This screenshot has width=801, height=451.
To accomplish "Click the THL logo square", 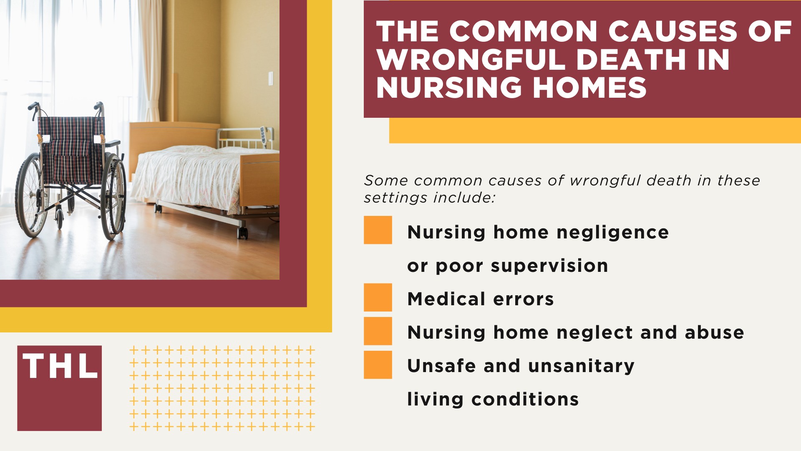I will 59,388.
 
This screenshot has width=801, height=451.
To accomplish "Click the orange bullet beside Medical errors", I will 378,297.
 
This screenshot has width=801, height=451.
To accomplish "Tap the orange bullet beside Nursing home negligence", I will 378,230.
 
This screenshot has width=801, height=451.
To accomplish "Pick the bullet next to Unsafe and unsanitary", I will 378,365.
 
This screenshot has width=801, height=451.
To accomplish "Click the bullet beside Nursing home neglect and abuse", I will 378,331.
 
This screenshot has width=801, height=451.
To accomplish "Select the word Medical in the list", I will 446,299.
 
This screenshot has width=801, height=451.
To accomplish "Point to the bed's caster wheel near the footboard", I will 242,232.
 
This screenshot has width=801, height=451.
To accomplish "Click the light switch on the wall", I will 270,78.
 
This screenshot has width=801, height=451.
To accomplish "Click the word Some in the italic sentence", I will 385,181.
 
